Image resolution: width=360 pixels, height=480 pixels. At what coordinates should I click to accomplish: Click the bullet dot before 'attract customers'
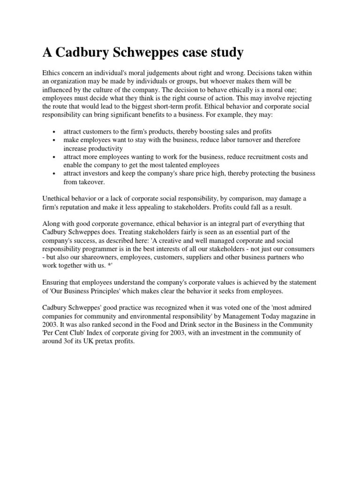pyautogui.click(x=55, y=132)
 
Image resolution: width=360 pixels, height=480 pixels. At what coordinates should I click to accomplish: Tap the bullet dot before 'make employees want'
pyautogui.click(x=55, y=141)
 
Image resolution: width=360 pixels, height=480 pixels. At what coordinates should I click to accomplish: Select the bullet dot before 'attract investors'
pyautogui.click(x=55, y=174)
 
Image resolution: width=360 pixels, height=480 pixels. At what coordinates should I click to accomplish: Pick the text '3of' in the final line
pyautogui.click(x=67, y=341)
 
